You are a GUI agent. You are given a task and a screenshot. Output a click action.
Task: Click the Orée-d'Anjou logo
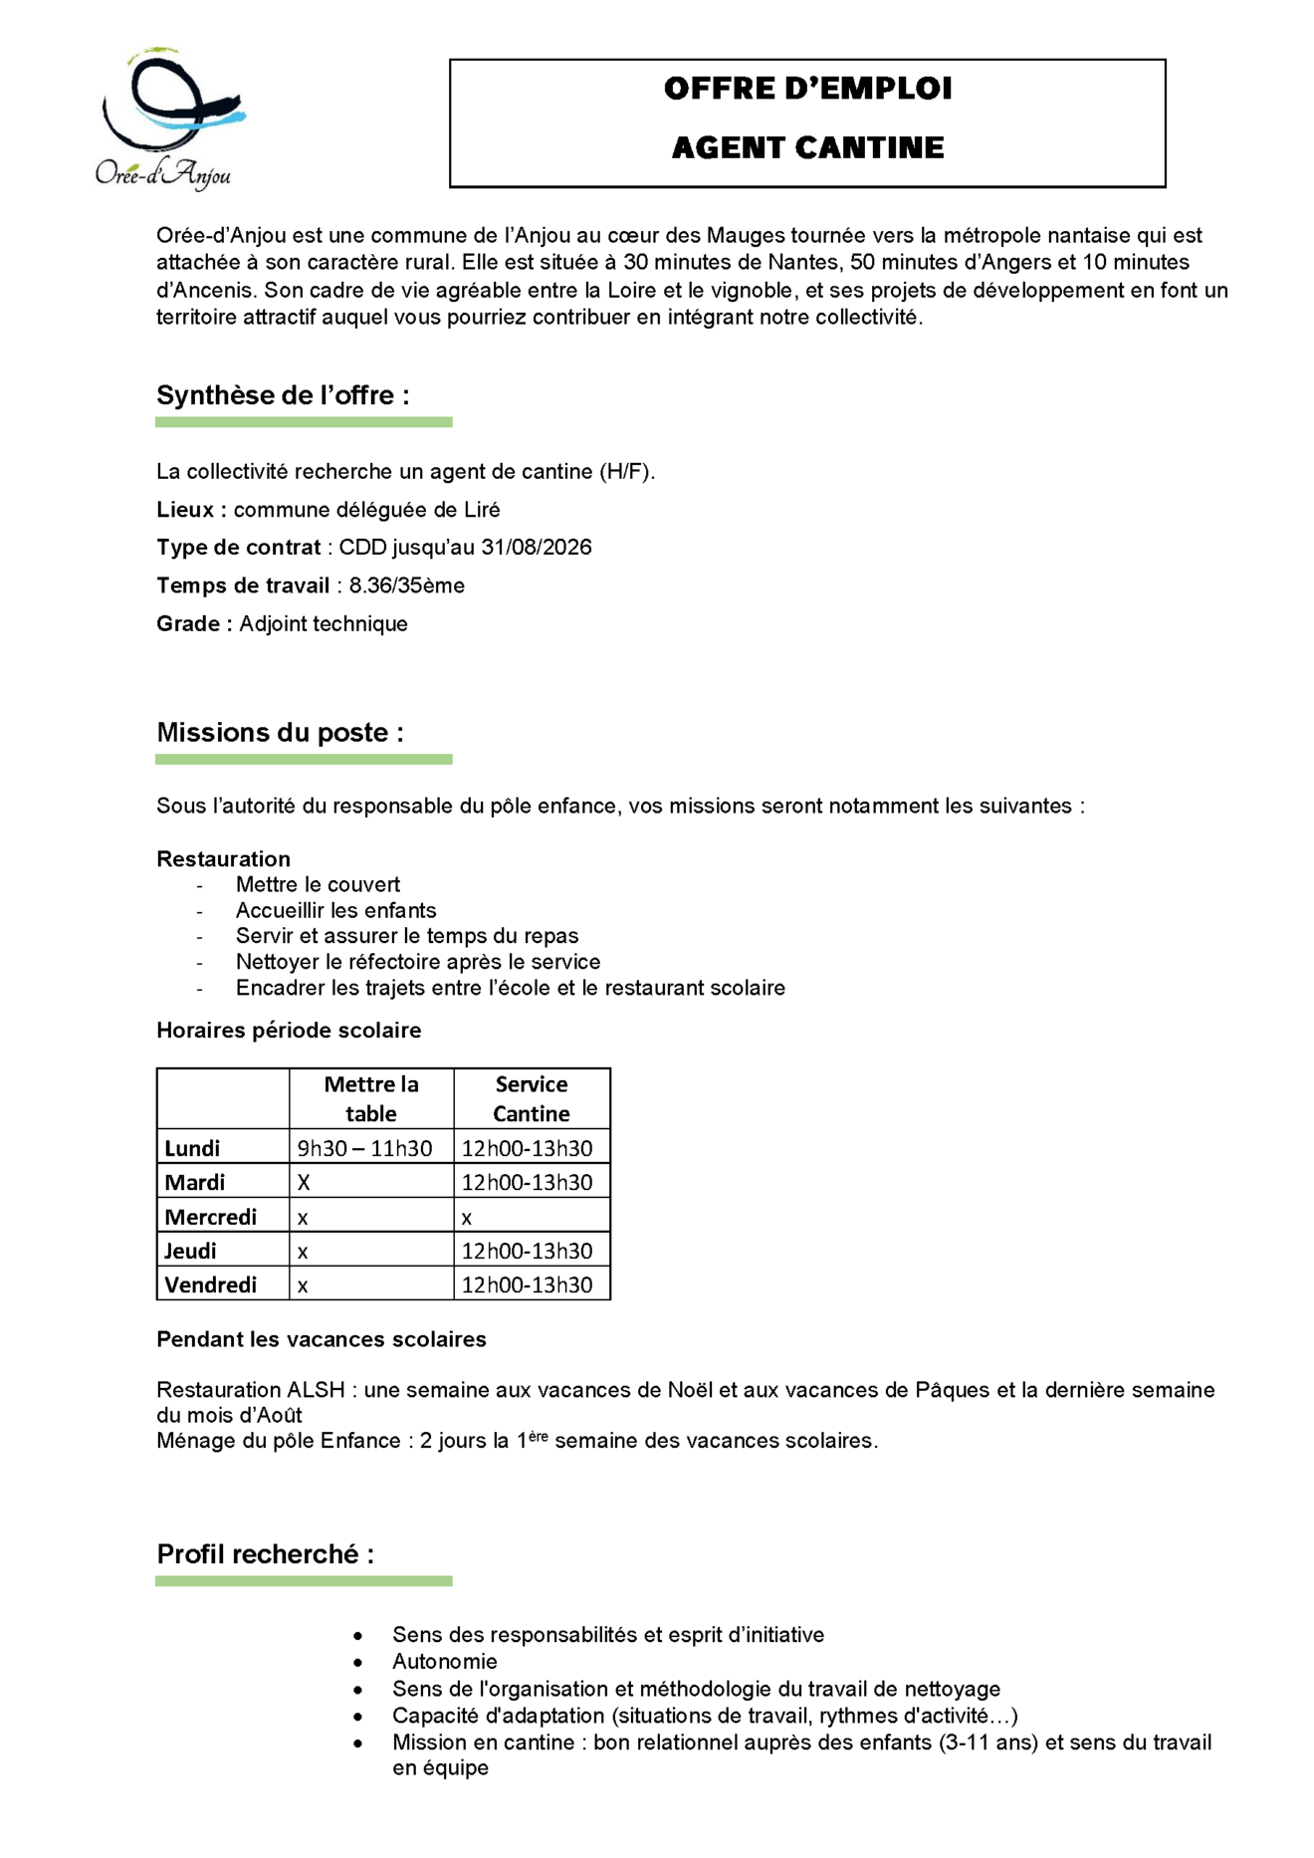click(167, 118)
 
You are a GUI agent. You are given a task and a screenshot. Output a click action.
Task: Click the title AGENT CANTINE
click(807, 148)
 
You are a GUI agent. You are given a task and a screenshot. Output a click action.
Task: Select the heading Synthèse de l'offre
click(283, 396)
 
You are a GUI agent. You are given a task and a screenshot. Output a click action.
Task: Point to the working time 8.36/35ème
click(406, 585)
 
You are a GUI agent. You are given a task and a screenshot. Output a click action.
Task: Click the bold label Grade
click(193, 624)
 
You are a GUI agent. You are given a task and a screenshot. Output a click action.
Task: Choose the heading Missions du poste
click(280, 733)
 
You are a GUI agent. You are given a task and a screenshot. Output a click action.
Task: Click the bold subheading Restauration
click(223, 859)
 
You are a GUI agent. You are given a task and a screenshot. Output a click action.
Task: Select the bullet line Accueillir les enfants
click(335, 910)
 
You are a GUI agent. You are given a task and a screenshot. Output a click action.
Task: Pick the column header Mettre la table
click(371, 1098)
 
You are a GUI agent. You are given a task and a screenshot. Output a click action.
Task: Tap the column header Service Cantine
click(532, 1098)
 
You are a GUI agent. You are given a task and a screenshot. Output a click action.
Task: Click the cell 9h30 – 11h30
click(364, 1148)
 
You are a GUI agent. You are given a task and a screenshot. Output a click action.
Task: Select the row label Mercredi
click(210, 1217)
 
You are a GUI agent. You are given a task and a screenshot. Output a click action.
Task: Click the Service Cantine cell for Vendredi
click(527, 1284)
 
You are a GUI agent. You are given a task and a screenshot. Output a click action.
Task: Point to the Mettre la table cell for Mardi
click(305, 1183)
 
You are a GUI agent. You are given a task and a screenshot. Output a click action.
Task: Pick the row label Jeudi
click(190, 1251)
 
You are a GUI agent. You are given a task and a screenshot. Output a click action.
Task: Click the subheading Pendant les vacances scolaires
click(321, 1339)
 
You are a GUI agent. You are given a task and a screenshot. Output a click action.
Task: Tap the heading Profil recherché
click(265, 1554)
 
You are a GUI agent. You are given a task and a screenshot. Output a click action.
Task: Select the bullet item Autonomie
click(444, 1661)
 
